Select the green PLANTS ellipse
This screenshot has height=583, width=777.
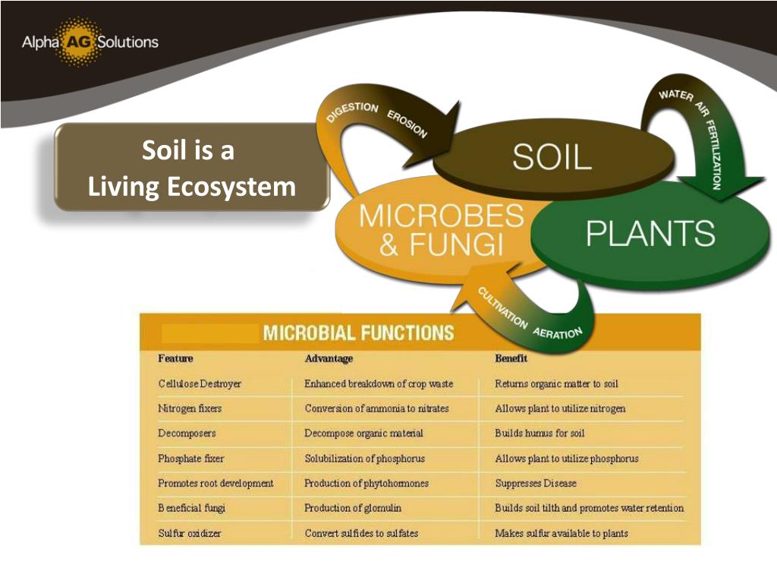pyautogui.click(x=650, y=234)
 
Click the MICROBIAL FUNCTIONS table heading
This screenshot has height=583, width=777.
pyautogui.click(x=358, y=332)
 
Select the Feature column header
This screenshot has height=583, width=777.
pyautogui.click(x=175, y=358)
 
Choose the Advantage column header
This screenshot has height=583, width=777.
pyautogui.click(x=329, y=358)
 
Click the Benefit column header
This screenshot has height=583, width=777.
pyautogui.click(x=511, y=358)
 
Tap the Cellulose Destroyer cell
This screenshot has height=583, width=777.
pyautogui.click(x=200, y=384)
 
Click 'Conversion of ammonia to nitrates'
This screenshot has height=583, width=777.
pyautogui.click(x=376, y=408)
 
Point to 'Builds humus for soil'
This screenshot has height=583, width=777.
pyautogui.click(x=539, y=433)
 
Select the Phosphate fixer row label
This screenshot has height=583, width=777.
pyautogui.click(x=191, y=459)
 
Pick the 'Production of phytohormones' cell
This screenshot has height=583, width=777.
pyautogui.click(x=366, y=484)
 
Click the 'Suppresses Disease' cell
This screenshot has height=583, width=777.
pyautogui.click(x=535, y=484)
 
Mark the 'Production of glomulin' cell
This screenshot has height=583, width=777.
pyautogui.click(x=353, y=508)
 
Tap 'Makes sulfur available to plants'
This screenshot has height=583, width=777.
pyautogui.click(x=562, y=533)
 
